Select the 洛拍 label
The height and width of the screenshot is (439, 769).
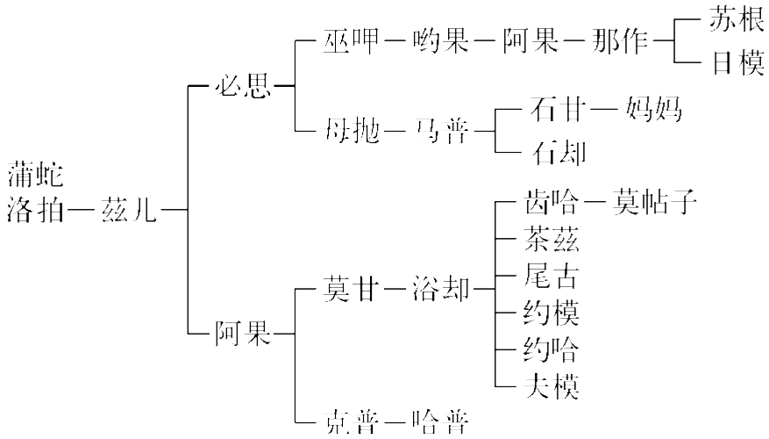point(35,211)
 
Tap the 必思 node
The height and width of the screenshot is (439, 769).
point(243,87)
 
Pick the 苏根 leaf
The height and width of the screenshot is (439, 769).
point(737,22)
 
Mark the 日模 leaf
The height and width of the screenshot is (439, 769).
point(737,64)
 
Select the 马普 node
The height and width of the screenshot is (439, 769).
point(441,133)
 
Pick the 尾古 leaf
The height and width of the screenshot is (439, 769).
point(551,277)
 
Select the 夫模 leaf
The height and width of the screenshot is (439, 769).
point(551,385)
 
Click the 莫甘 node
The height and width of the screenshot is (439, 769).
point(352,289)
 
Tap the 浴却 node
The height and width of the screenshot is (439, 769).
point(442,289)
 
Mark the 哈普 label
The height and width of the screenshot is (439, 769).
point(440,422)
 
